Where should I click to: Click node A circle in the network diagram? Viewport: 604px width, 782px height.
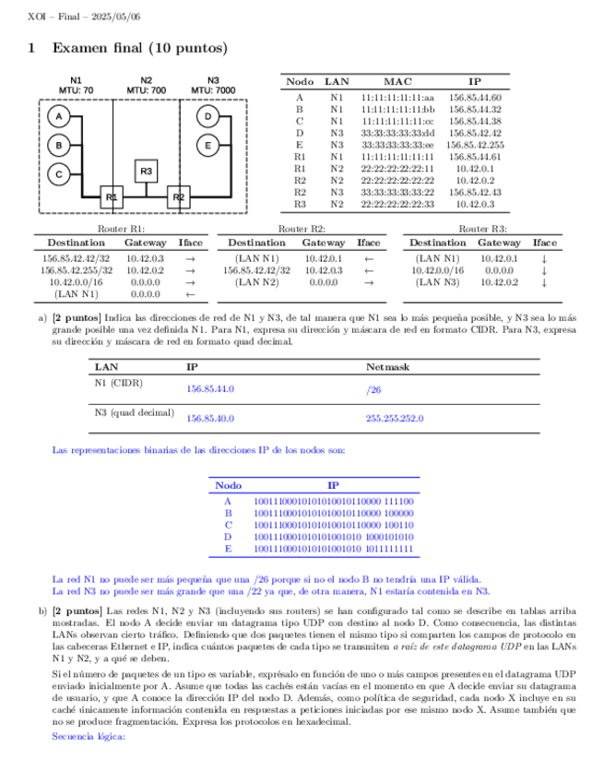[x=58, y=117]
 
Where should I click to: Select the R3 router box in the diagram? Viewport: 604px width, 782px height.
[x=146, y=171]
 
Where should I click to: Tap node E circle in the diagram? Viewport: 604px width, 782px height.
[x=208, y=145]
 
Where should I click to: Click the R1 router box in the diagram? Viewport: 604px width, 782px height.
[x=112, y=196]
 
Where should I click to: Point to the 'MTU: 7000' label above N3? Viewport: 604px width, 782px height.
[x=213, y=89]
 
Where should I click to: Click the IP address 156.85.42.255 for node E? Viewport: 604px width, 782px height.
[x=474, y=145]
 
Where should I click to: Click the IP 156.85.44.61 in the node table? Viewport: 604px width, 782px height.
[x=474, y=157]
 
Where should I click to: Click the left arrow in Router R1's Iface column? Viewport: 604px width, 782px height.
[x=190, y=294]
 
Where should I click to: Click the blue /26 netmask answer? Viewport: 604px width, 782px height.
[x=374, y=389]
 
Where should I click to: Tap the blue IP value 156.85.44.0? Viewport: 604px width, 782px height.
[x=210, y=389]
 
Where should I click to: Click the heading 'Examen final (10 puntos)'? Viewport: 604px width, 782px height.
[x=139, y=47]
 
